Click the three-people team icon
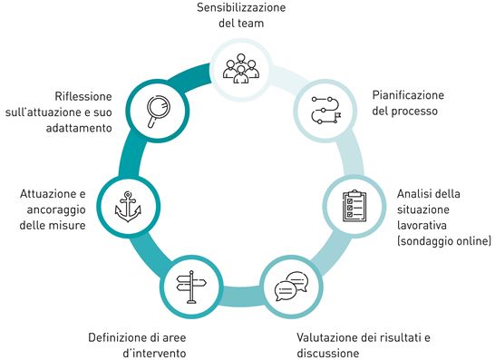click(241, 66)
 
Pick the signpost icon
click(189, 288)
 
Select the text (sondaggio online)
click(444, 241)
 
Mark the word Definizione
click(117, 337)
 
